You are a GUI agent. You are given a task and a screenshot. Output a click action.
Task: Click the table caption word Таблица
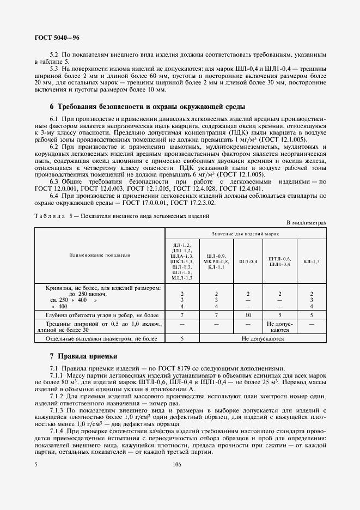pyautogui.click(x=48, y=216)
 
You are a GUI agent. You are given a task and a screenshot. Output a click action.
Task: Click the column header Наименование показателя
pyautogui.click(x=100, y=254)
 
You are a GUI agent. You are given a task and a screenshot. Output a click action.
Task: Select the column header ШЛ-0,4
pyautogui.click(x=248, y=262)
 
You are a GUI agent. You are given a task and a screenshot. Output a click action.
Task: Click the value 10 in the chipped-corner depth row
pyautogui.click(x=248, y=315)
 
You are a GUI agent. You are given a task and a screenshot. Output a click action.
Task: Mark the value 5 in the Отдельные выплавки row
pyautogui.click(x=182, y=338)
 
